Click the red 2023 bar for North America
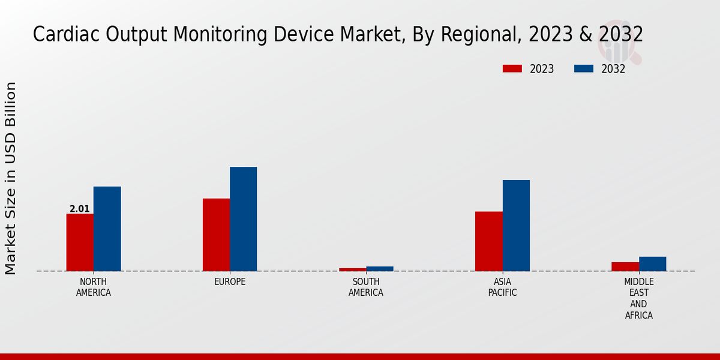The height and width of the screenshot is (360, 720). (80, 242)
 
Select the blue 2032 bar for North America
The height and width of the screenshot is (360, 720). (107, 229)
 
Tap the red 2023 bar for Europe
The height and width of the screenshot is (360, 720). (216, 235)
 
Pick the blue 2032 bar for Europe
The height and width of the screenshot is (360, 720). (243, 219)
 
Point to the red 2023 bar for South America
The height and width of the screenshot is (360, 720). (352, 269)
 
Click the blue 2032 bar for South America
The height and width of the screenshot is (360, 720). (380, 269)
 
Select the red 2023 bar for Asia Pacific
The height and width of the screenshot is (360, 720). (488, 241)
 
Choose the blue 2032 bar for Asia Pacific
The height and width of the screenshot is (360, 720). (516, 226)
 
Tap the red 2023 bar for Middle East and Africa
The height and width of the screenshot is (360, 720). (625, 266)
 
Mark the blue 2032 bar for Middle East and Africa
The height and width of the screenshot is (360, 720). (652, 264)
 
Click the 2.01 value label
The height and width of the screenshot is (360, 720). (80, 209)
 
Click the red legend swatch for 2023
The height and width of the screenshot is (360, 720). (512, 68)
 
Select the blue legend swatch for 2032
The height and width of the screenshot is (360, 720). (583, 68)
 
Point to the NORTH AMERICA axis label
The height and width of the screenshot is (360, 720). (94, 287)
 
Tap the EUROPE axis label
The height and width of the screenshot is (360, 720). (230, 282)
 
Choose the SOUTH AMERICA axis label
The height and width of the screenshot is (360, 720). (366, 287)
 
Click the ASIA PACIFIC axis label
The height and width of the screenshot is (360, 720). (502, 287)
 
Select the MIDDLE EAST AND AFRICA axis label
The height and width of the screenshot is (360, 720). (638, 298)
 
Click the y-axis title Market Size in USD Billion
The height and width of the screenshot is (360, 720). (11, 178)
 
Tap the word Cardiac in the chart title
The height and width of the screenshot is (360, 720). (66, 34)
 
